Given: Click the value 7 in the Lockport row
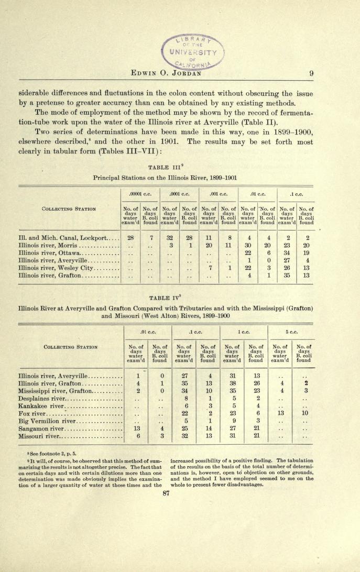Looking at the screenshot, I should click(x=150, y=238).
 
